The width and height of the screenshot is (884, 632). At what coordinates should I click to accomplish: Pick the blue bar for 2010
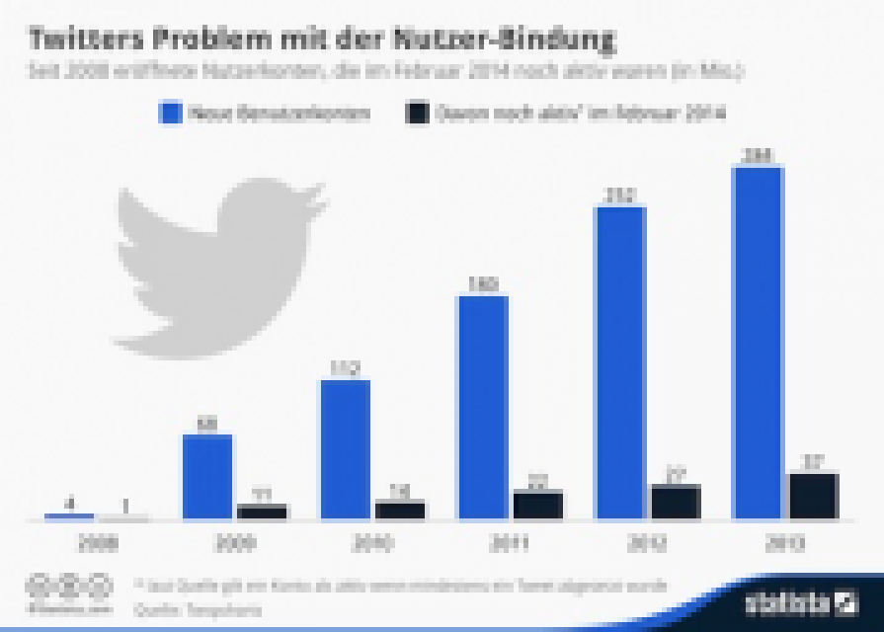(344, 449)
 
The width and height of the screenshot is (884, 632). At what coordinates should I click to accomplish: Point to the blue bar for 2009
(207, 476)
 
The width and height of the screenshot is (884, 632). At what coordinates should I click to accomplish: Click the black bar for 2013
(812, 496)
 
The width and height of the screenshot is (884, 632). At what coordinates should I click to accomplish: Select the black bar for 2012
(675, 502)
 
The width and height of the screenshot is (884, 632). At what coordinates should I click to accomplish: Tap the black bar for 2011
(537, 505)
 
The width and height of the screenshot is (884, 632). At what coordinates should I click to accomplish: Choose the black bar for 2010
(399, 510)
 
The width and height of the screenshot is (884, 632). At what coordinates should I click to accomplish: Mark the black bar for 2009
(262, 511)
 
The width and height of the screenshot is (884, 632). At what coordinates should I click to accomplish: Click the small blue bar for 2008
(69, 515)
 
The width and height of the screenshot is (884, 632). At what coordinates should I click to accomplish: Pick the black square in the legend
(416, 114)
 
